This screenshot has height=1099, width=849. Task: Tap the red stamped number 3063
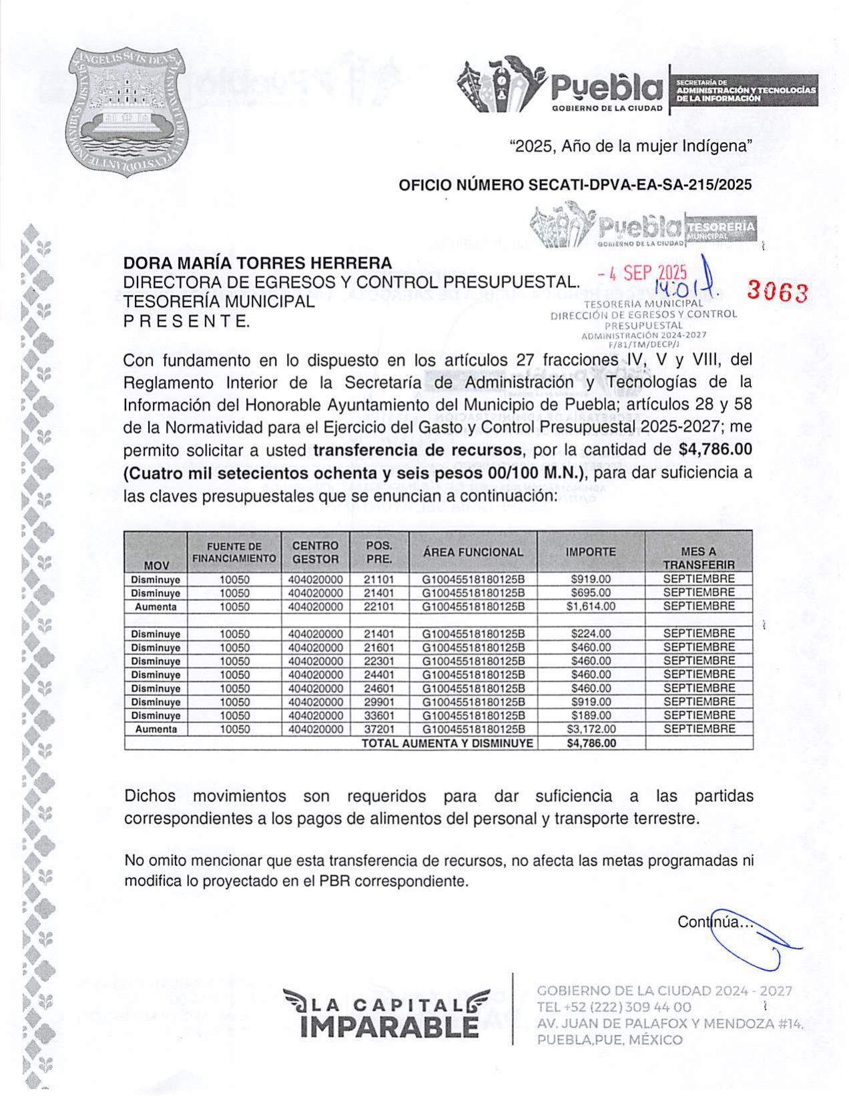coord(777,292)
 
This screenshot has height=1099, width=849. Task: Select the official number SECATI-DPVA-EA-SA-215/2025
coord(575,185)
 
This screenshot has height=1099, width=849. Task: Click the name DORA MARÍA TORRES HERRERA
coord(258,263)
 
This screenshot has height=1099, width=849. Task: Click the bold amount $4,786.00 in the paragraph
coord(715,449)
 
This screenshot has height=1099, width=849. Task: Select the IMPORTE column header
coord(591,552)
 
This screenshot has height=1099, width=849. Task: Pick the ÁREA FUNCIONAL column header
coord(473,552)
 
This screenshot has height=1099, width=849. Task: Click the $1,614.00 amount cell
coord(591,607)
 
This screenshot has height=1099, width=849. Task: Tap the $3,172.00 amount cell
coord(591,729)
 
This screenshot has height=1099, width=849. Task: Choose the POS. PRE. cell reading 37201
coord(378,729)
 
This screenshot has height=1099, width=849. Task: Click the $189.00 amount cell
coord(591,716)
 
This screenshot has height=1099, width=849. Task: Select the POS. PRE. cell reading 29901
coord(378,702)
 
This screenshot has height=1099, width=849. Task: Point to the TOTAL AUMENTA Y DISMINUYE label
coord(447,743)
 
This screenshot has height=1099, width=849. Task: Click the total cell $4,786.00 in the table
coord(591,743)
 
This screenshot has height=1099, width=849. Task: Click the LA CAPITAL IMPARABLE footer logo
coord(386,1012)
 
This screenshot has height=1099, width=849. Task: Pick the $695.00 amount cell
coord(591,593)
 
